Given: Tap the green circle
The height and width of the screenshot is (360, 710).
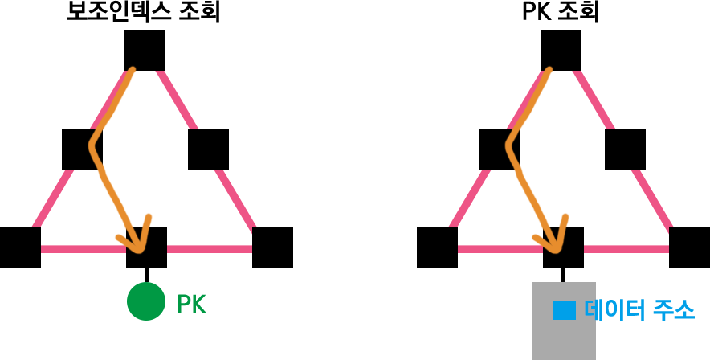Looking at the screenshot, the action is click(146, 301).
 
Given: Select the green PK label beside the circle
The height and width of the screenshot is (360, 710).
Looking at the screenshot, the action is click(191, 305).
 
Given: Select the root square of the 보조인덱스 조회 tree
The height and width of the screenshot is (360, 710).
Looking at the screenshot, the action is click(145, 50).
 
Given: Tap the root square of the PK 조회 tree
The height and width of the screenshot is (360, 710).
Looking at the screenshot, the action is click(561, 50).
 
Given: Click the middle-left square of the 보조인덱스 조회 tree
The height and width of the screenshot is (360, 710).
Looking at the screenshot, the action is click(82, 149).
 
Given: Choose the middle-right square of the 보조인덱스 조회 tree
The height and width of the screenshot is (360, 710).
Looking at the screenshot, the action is click(208, 149).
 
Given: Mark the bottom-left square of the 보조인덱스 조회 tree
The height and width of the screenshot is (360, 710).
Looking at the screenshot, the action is click(20, 247).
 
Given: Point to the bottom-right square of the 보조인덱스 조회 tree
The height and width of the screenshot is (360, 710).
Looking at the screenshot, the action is click(272, 247).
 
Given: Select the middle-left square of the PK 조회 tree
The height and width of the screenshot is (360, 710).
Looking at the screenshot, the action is click(499, 149).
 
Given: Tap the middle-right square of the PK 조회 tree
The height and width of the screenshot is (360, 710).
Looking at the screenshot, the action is click(625, 149).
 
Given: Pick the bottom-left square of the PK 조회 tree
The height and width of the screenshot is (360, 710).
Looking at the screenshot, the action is click(438, 247).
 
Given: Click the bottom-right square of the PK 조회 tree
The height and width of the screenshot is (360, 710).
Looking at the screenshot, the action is click(689, 247).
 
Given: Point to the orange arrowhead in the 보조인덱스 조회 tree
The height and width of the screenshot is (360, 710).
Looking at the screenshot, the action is click(138, 238).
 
